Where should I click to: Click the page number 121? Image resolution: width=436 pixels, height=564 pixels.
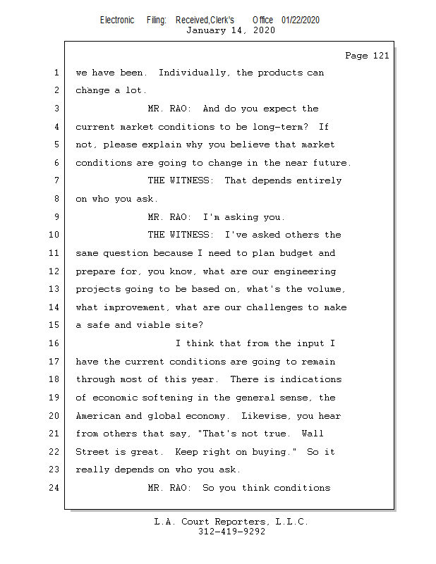pos(381,56)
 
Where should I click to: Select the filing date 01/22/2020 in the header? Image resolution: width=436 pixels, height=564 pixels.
pos(301,20)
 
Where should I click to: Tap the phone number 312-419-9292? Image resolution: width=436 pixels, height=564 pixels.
pos(231,532)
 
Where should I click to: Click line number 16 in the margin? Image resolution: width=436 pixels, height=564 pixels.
pos(54,343)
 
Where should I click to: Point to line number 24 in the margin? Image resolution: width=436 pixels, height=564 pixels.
pos(54,488)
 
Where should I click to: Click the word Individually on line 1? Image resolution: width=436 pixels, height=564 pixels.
pos(193,73)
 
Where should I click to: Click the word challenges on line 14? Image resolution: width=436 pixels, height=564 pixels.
pos(274,307)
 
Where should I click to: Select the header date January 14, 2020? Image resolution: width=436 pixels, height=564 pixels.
pos(231,30)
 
